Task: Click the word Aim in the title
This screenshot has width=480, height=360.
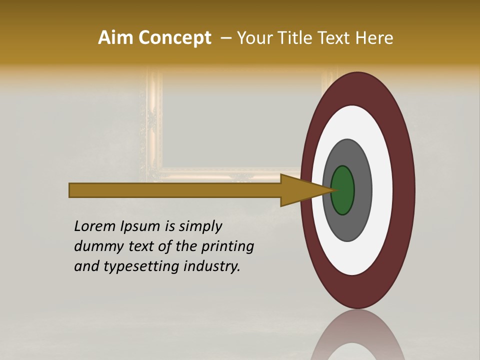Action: pos(115,37)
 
